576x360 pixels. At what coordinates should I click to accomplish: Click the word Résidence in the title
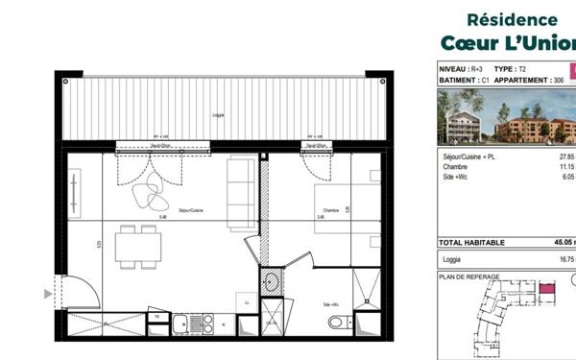coord(512,19)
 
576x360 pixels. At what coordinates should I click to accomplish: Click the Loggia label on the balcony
coord(218,115)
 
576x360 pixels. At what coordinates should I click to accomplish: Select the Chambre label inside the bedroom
coord(331,210)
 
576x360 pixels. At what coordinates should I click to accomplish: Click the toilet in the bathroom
coord(337,321)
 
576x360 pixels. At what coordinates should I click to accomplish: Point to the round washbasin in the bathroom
coord(272,282)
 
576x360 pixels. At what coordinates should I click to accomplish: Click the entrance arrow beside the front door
coord(48,296)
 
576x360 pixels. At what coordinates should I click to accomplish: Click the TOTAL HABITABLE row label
coord(471,243)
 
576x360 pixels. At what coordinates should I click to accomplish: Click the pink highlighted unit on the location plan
coord(546,287)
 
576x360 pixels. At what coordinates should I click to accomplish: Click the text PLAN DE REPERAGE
coord(466,276)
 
